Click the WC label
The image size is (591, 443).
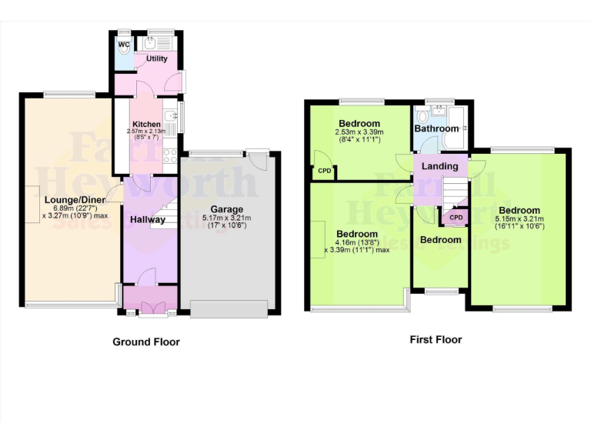123,44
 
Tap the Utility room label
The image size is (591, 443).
157,58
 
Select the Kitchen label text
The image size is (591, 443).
146,124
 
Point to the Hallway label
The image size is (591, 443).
147,219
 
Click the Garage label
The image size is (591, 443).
227,208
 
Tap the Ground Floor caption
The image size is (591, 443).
146,341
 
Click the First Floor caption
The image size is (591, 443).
436,339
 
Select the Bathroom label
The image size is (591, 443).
436,128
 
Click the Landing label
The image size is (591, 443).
440,166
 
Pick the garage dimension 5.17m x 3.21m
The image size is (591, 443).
227,218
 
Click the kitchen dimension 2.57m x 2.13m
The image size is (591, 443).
146,132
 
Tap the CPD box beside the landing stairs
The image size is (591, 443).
456,218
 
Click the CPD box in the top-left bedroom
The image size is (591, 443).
324,171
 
